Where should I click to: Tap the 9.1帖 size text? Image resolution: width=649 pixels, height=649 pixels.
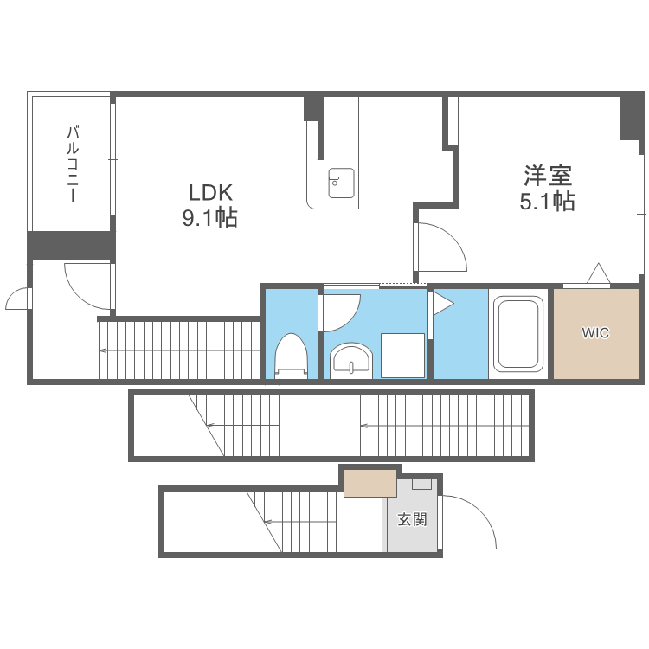[209, 218]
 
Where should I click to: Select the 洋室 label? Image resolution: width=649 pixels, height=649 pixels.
[547, 176]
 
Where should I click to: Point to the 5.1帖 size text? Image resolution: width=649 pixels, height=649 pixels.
[547, 202]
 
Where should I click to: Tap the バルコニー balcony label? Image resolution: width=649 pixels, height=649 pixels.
[73, 164]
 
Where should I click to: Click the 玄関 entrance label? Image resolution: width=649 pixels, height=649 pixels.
[412, 520]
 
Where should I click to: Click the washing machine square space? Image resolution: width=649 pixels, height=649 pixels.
[402, 356]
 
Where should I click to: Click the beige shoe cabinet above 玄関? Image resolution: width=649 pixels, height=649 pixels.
[370, 483]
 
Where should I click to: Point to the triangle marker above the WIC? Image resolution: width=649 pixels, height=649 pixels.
[598, 274]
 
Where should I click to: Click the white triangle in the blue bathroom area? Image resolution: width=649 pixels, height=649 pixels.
[442, 304]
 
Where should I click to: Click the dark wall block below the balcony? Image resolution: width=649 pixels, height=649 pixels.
[70, 245]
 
